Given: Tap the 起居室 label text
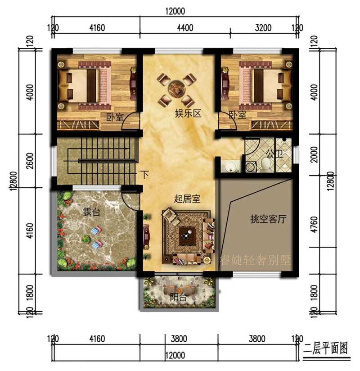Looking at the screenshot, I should (x=187, y=198).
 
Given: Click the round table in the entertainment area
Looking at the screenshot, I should (x=176, y=86).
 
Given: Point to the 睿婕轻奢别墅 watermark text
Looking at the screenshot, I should (x=255, y=260).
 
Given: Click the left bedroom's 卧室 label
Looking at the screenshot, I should (x=114, y=118).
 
